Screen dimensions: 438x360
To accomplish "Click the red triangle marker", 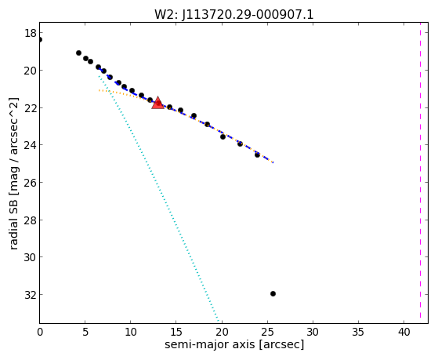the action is click(157, 103).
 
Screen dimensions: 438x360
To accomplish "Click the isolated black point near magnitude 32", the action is click(273, 293).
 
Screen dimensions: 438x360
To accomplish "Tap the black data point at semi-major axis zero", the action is click(40, 39).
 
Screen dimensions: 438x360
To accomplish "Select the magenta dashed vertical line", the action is click(420, 173).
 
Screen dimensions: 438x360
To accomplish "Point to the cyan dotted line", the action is click(158, 198).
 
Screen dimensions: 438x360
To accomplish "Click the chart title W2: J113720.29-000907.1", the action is click(234, 14).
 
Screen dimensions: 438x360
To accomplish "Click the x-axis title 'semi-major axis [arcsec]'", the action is click(234, 344).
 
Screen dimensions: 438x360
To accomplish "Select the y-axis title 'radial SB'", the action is click(13, 216).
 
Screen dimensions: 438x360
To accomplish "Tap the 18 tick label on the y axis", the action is click(31, 33).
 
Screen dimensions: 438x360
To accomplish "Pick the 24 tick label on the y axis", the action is click(31, 145).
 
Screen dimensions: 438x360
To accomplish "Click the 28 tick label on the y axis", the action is click(31, 220).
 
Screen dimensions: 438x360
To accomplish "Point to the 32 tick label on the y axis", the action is click(31, 295).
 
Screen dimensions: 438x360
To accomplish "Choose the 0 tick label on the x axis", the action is click(40, 333).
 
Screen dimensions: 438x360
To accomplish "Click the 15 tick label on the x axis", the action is click(176, 333).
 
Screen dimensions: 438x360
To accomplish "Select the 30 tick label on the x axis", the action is click(313, 333).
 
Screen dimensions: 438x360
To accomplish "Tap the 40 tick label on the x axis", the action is click(404, 333).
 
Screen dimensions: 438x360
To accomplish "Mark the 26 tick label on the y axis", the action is click(31, 183).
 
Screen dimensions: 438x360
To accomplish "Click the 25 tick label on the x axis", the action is click(267, 333).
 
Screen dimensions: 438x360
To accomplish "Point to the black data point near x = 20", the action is click(223, 136).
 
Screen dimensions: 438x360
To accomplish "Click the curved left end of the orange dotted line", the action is click(100, 90).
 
